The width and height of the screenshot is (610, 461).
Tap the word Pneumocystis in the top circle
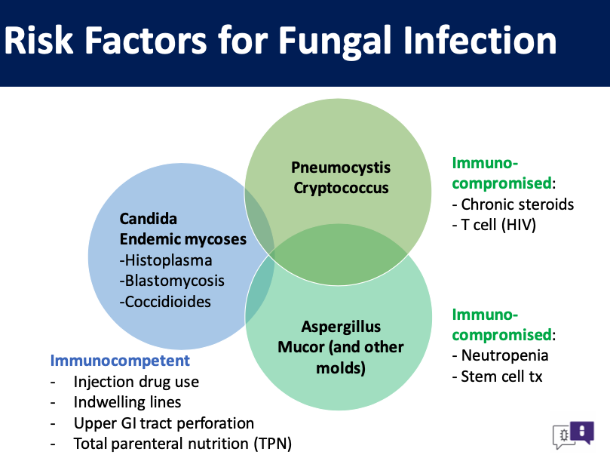coord(341,167)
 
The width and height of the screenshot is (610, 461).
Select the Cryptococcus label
coord(341,188)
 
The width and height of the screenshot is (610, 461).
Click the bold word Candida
coord(149,219)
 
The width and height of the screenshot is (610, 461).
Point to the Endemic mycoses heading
coord(182,239)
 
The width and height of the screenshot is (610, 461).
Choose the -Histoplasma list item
coord(166,260)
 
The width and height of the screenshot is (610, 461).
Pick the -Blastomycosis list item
coord(172,281)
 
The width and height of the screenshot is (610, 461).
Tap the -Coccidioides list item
coord(165,301)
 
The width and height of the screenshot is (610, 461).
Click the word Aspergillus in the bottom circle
coord(341,327)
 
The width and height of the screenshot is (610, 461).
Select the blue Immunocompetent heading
coord(120,361)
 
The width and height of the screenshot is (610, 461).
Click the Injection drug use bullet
coord(136,382)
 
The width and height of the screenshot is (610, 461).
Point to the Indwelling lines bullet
coord(127,402)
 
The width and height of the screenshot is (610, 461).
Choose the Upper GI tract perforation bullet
coord(164,423)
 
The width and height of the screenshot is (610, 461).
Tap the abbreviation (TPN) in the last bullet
coord(273,444)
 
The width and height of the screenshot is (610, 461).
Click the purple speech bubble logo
coord(582,432)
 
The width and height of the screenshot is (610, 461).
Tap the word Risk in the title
coord(38,41)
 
